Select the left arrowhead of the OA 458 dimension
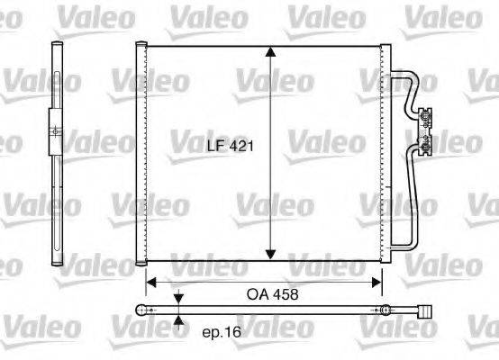click(152, 281)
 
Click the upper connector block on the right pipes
click(425, 114)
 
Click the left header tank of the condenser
click(141, 153)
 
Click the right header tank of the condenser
click(386, 153)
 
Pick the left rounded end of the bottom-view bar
click(140, 310)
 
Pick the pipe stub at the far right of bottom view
click(423, 311)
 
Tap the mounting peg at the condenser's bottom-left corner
click(141, 265)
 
